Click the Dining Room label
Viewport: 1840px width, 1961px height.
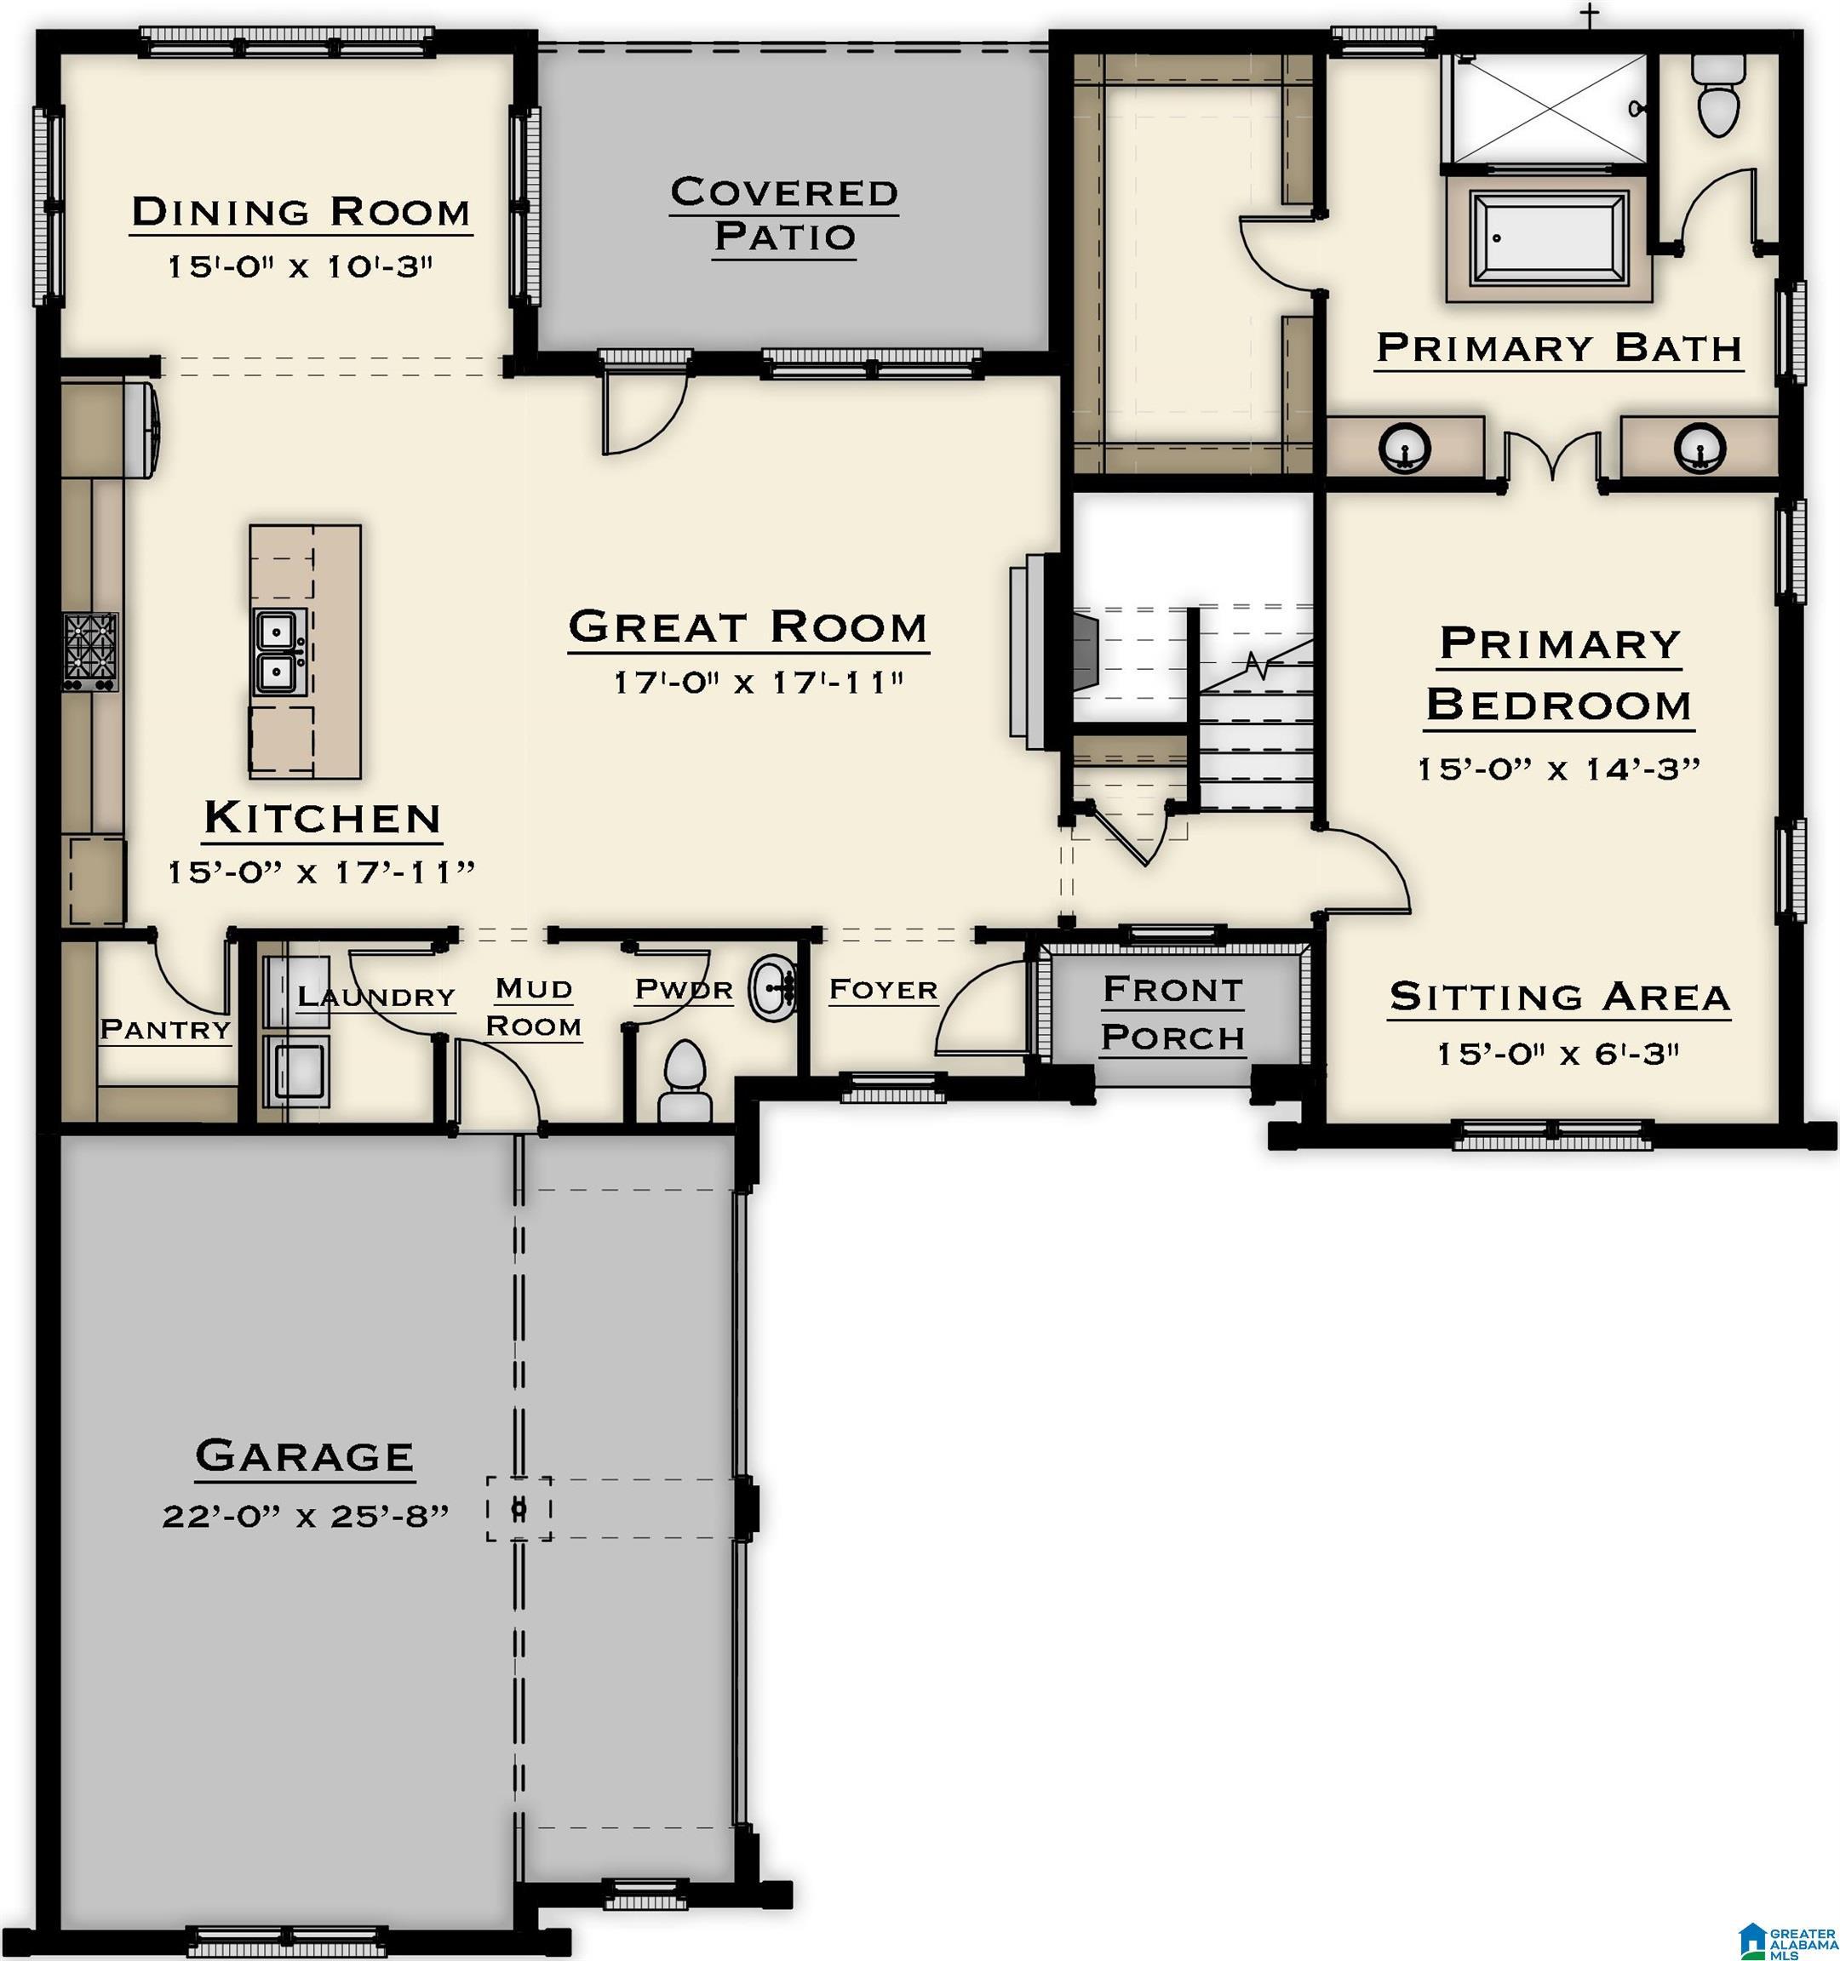[x=301, y=212]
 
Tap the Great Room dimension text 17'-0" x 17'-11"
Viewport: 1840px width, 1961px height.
[x=758, y=682]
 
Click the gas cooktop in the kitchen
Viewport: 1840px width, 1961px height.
[x=91, y=651]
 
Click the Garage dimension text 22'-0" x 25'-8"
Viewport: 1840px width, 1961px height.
[x=306, y=1515]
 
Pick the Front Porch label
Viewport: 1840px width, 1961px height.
[x=1173, y=1013]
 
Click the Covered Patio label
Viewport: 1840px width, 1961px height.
[x=784, y=214]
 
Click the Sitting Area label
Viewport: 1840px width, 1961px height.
[x=1560, y=998]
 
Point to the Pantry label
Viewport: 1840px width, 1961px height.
[x=166, y=1030]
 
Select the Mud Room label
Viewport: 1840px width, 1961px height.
[x=534, y=1007]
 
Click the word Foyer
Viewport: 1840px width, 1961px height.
[x=883, y=989]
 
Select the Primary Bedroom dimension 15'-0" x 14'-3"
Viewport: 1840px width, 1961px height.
[x=1559, y=769]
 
